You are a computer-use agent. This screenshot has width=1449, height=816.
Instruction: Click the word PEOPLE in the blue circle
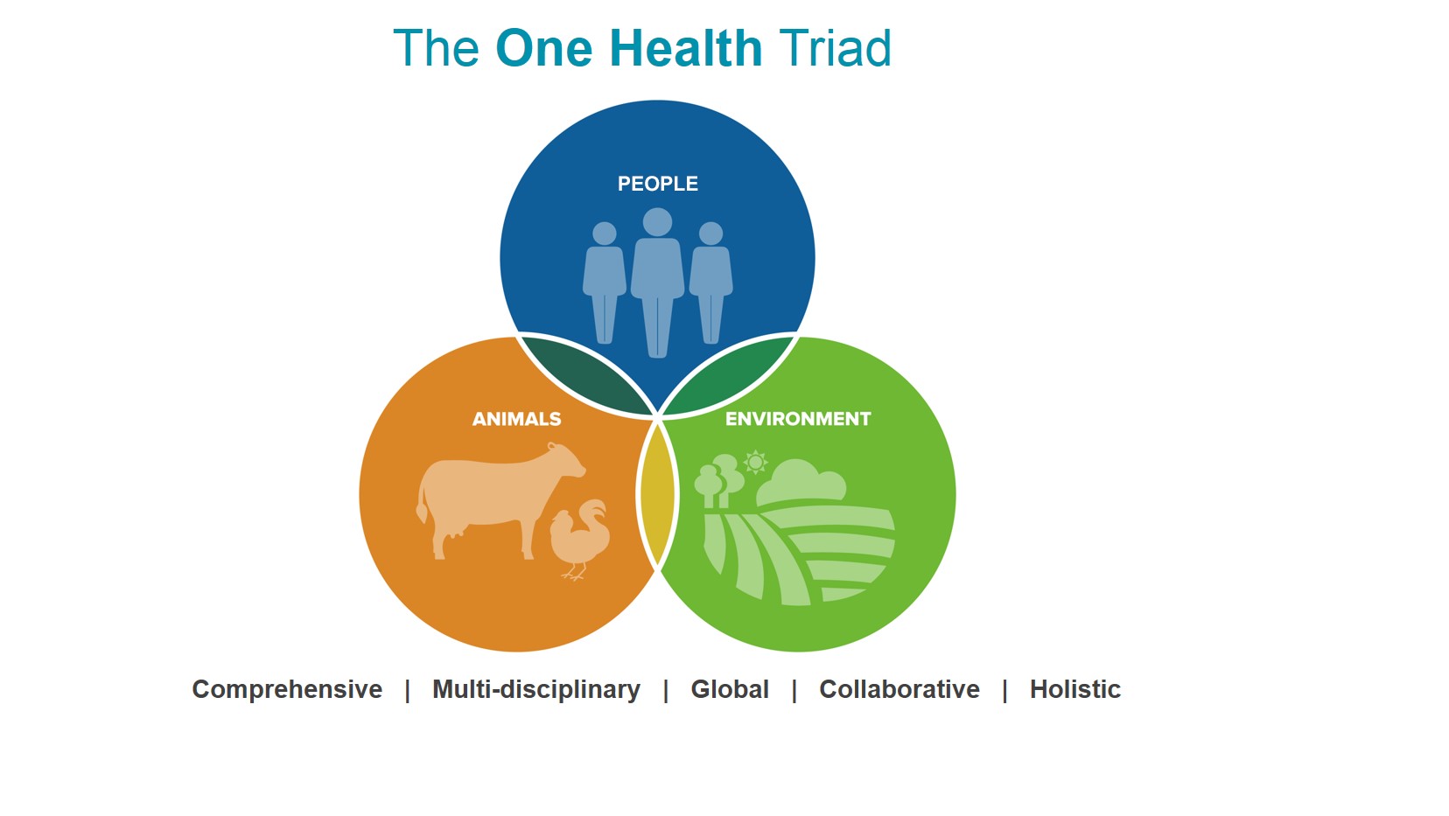click(x=657, y=184)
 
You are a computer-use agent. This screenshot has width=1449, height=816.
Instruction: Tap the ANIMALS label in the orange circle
click(x=516, y=419)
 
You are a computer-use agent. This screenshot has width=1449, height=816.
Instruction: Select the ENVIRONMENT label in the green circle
click(x=798, y=419)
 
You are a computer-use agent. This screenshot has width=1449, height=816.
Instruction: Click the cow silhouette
click(x=498, y=498)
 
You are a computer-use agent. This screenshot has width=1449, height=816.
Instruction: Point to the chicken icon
click(x=579, y=538)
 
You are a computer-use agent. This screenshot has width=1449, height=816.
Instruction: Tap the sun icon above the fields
click(x=755, y=463)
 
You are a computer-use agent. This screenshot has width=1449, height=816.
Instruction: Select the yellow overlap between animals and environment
click(x=657, y=495)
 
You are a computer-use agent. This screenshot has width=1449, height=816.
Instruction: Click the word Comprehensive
click(x=287, y=690)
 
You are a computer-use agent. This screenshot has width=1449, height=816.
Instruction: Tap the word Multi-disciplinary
click(x=536, y=690)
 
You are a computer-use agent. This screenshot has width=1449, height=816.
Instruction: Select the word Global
click(x=730, y=689)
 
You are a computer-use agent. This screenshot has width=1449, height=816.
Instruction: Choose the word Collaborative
click(x=899, y=689)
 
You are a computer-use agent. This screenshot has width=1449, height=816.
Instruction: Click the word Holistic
click(x=1075, y=689)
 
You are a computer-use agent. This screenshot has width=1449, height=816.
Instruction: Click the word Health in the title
click(x=686, y=48)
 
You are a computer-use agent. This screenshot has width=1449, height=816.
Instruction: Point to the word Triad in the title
click(x=835, y=48)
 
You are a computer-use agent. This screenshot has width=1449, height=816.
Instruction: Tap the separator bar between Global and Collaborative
click(x=794, y=691)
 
